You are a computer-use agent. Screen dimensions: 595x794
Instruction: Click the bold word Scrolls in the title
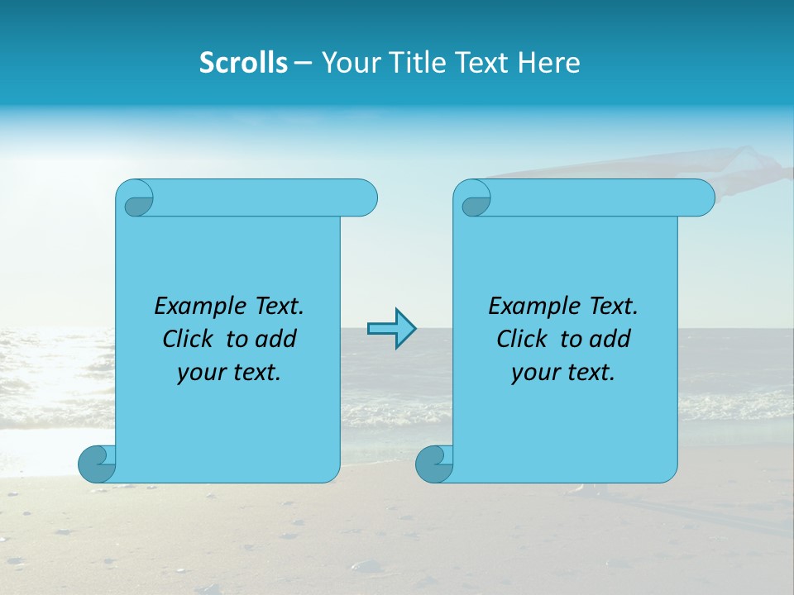click(x=244, y=63)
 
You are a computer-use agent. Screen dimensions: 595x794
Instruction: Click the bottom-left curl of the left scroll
click(x=96, y=464)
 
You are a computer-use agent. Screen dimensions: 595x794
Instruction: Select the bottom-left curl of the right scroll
click(x=433, y=464)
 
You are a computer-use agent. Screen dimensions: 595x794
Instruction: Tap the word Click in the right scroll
click(x=522, y=339)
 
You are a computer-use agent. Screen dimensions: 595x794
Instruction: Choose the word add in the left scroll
click(x=278, y=339)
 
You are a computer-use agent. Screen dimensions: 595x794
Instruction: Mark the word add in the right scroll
click(x=612, y=339)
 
